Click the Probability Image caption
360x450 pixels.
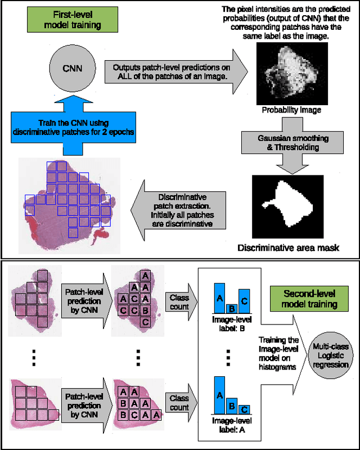[x=291, y=110]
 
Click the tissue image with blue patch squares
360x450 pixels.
[x=67, y=202]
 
